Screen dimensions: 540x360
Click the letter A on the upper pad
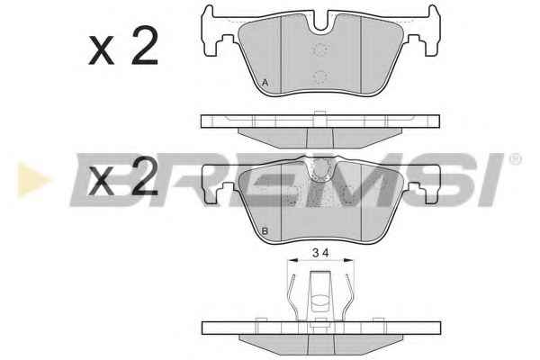point(265,83)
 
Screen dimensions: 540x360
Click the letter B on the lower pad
point(265,231)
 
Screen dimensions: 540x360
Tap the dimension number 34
point(320,253)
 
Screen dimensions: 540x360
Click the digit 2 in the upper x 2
point(145,46)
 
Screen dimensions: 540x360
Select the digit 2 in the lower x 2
point(145,175)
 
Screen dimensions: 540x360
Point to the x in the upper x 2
point(101,50)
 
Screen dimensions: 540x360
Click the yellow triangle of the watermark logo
point(33,179)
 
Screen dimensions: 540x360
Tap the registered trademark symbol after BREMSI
point(516,159)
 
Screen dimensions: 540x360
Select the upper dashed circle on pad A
point(320,49)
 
